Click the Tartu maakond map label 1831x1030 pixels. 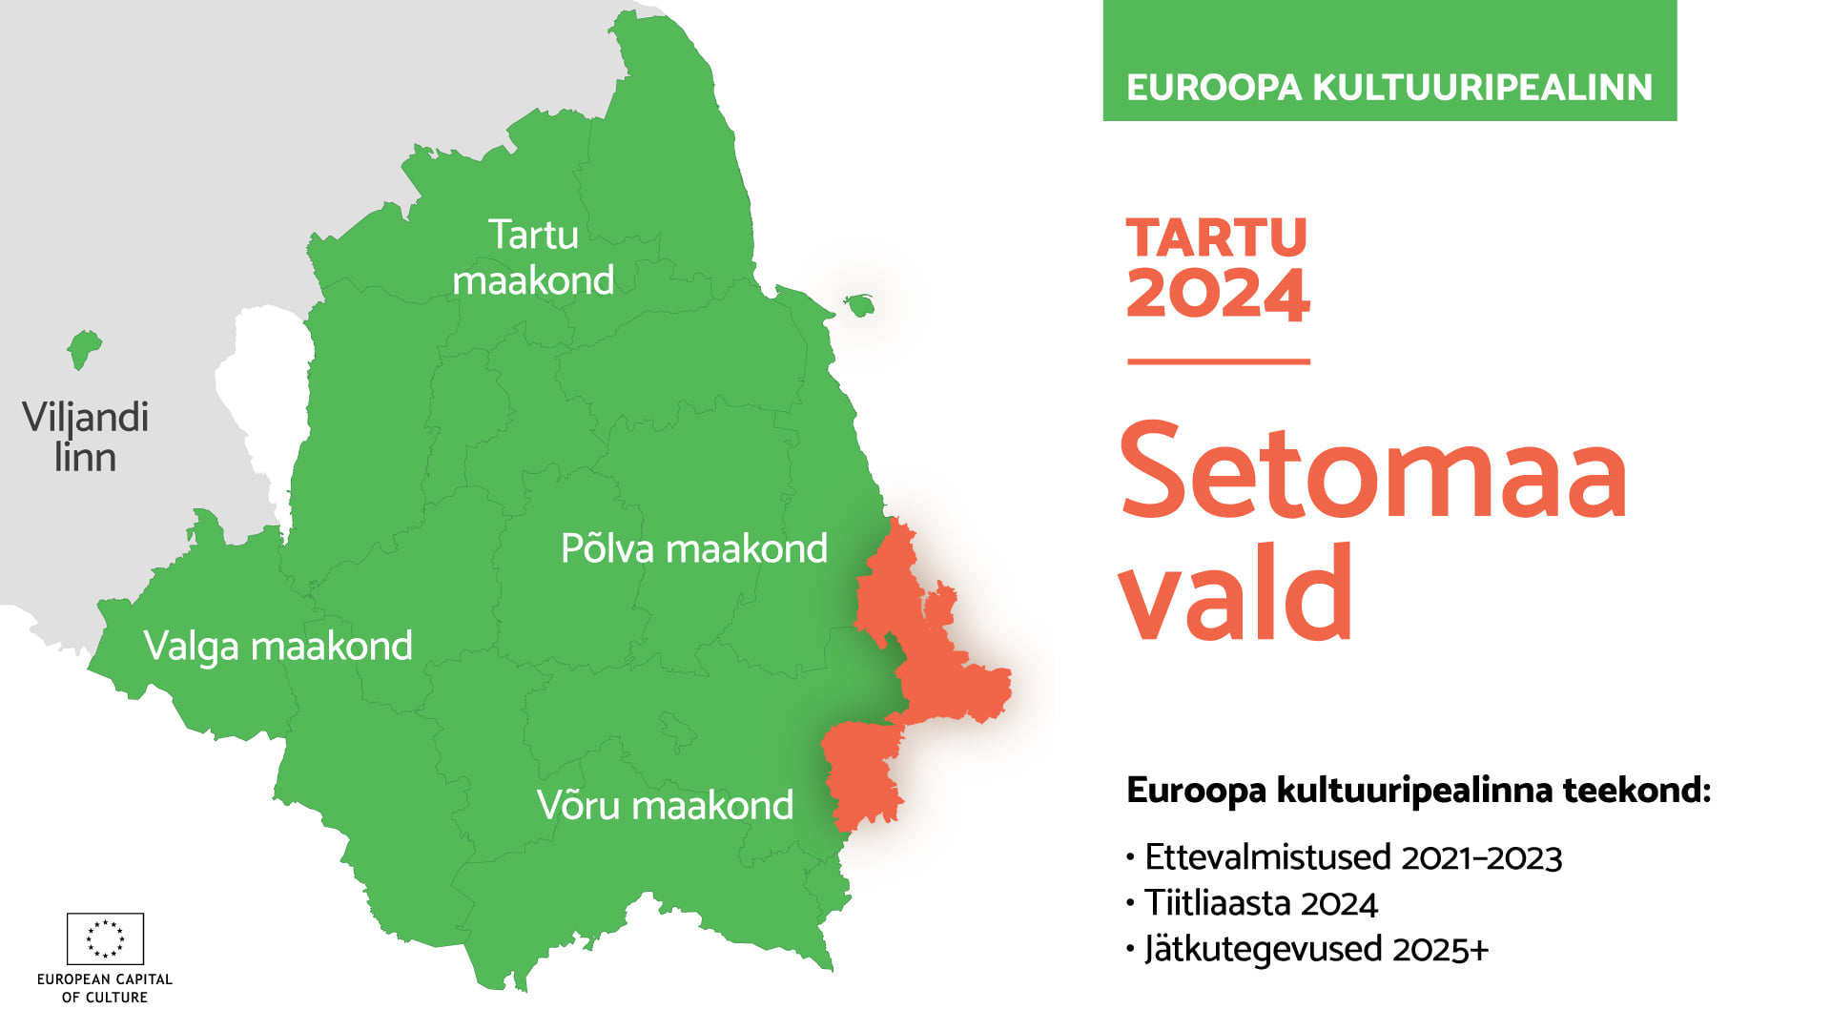(x=533, y=257)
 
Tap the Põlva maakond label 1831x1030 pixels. (x=694, y=548)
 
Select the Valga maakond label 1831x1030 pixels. (x=278, y=646)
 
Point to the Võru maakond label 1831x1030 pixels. (x=665, y=805)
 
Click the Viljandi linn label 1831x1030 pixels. (x=85, y=437)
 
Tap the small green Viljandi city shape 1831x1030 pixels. (x=84, y=349)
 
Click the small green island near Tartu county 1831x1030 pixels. (x=859, y=305)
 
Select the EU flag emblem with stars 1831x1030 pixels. (x=105, y=938)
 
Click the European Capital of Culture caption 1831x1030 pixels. (x=105, y=988)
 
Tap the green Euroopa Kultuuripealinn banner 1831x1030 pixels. (x=1389, y=60)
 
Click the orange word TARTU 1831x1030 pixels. (x=1217, y=237)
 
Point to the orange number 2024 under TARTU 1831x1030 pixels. (x=1218, y=293)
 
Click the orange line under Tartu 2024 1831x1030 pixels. (x=1219, y=361)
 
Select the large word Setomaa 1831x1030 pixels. (x=1373, y=471)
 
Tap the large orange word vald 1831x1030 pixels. (x=1236, y=591)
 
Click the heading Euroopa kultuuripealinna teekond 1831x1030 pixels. (x=1419, y=791)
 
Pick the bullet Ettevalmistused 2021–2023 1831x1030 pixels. (x=1345, y=857)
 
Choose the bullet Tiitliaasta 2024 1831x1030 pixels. (x=1252, y=903)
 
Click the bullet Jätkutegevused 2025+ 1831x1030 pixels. (x=1307, y=949)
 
